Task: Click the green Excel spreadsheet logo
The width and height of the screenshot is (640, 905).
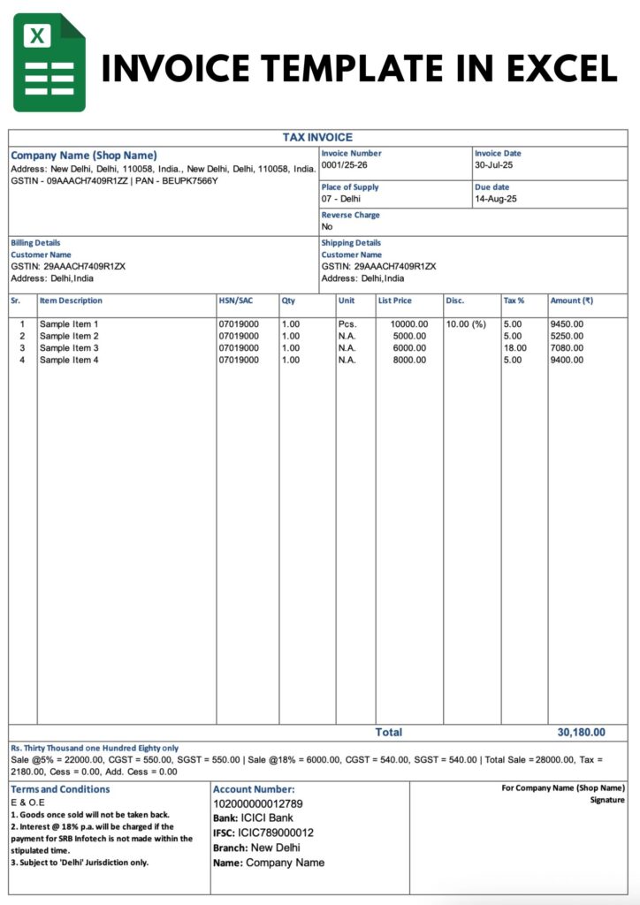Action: point(49,62)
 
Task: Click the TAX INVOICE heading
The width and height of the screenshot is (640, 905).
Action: point(317,138)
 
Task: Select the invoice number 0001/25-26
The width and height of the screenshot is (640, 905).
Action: point(345,165)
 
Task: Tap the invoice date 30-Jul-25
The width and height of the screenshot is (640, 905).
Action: point(494,165)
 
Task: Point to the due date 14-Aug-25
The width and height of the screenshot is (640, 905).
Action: point(495,200)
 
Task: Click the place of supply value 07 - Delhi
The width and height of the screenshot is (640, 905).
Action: point(341,200)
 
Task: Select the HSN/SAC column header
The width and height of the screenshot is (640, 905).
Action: point(235,300)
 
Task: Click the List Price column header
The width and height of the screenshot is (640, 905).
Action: point(394,300)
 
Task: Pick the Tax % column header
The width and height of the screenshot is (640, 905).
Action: point(514,300)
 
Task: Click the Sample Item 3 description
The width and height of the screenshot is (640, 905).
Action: point(69,348)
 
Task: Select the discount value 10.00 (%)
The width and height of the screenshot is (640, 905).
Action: point(466,324)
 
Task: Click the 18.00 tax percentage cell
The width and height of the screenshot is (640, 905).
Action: point(514,348)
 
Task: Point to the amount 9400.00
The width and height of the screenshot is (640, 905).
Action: point(567,361)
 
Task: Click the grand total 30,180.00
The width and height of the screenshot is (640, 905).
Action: point(581,733)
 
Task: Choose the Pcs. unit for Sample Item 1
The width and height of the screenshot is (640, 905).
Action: point(347,324)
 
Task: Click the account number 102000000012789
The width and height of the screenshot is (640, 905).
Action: point(258,804)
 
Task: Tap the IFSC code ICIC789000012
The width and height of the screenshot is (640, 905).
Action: point(276,833)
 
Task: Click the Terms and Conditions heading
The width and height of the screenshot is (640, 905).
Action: point(60,789)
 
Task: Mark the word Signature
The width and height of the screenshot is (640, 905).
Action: point(607,800)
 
